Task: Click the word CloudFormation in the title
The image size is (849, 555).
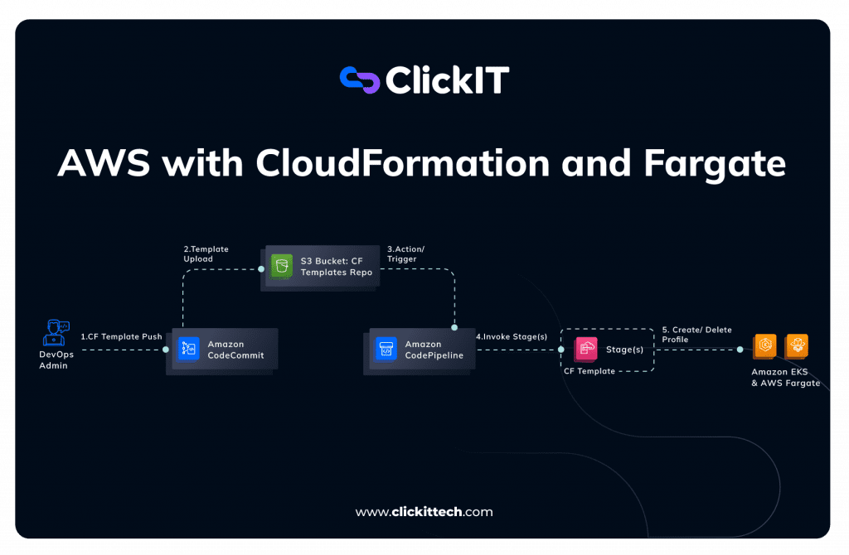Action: tap(402, 163)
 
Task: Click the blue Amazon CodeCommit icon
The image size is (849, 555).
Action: tap(189, 349)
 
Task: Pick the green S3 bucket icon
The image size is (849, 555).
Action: tap(283, 265)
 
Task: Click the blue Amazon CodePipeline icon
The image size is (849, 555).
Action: tap(386, 349)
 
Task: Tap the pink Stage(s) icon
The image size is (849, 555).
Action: tap(585, 349)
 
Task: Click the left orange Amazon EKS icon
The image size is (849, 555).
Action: tap(764, 346)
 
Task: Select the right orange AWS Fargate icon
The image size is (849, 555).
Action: tap(797, 346)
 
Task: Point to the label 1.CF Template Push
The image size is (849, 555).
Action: tap(121, 337)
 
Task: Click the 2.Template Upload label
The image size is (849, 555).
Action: tap(206, 253)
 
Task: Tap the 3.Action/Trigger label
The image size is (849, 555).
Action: tap(405, 253)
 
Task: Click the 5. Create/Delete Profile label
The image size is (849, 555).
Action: tap(696, 335)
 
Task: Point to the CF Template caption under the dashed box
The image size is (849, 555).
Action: tap(589, 371)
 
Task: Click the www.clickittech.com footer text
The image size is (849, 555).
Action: tap(424, 512)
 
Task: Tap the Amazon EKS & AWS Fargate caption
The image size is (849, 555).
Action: tap(784, 378)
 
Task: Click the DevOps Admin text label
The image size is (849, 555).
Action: tap(56, 360)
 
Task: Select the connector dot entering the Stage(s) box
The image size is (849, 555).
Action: tap(561, 350)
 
